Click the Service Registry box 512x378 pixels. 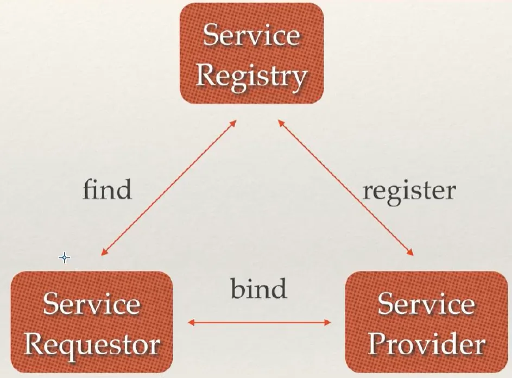tap(252, 54)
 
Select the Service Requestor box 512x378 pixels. tap(92, 322)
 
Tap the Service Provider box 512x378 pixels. tap(427, 322)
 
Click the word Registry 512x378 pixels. tap(251, 77)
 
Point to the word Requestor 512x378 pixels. tap(92, 345)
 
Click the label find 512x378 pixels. tap(108, 189)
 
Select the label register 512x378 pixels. tap(409, 192)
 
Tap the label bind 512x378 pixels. tap(259, 288)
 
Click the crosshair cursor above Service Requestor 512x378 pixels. tap(64, 257)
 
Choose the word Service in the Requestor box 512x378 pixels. tap(92, 303)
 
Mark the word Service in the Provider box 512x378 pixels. tap(426, 303)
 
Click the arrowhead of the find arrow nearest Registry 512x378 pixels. tap(233, 123)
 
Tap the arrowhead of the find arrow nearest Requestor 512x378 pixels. tap(104, 252)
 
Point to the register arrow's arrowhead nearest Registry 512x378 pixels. tap(281, 123)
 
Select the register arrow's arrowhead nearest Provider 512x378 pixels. tap(410, 252)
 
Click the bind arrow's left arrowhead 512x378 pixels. tap(191, 323)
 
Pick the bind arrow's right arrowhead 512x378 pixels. tap(327, 323)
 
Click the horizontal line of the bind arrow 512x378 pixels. tap(260, 323)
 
